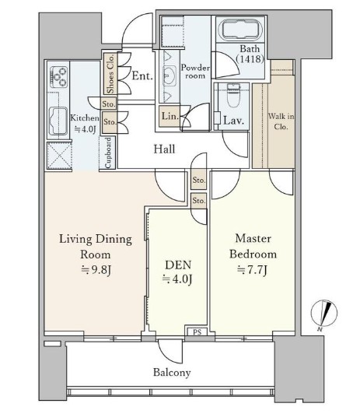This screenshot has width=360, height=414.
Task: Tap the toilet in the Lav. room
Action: coord(234,95)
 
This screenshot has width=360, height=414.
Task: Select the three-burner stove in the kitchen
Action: coord(59,77)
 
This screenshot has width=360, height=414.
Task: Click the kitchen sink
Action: coord(58,121)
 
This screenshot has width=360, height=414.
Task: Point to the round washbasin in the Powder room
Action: coord(169,75)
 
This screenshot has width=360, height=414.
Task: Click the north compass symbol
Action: coord(324,314)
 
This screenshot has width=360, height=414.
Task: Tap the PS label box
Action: coord(197,332)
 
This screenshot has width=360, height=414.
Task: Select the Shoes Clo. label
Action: coord(110,74)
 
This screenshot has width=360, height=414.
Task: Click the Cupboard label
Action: coord(108,153)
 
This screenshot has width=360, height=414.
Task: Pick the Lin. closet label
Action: coord(170,116)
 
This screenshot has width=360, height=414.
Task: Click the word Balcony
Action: coord(172,373)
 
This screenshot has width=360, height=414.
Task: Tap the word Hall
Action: coord(164,149)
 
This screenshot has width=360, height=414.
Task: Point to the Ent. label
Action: coord(142,76)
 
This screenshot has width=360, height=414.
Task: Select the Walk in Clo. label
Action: coord(281,121)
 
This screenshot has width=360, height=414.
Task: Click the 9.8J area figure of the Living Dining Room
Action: coord(96,270)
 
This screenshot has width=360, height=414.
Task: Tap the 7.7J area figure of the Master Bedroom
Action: coord(253,270)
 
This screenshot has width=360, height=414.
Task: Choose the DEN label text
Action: coord(178,265)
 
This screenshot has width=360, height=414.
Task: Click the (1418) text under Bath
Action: coord(250,58)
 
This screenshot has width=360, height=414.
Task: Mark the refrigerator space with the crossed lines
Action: coord(59,156)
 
